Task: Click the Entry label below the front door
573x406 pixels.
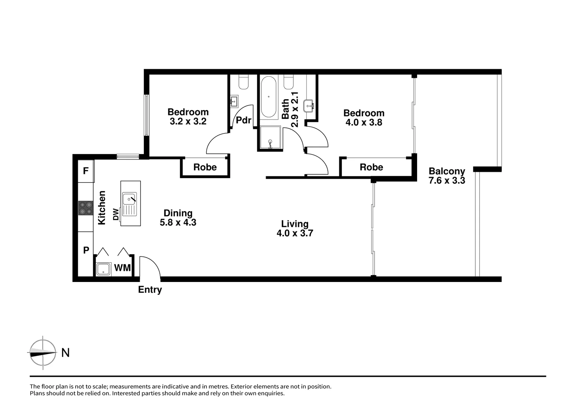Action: click(x=150, y=290)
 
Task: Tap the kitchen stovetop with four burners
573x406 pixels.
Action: click(x=85, y=208)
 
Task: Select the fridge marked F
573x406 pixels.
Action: click(x=86, y=171)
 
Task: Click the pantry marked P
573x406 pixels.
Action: click(x=86, y=250)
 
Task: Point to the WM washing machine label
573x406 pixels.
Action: click(x=122, y=268)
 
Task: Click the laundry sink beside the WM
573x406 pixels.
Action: click(x=103, y=269)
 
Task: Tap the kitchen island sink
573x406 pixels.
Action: click(x=129, y=198)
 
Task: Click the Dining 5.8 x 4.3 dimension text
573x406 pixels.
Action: click(x=178, y=223)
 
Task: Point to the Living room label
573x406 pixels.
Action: click(x=295, y=224)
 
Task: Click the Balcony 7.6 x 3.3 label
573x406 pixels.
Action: click(x=447, y=176)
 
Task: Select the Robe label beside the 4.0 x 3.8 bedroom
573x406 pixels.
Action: click(x=371, y=167)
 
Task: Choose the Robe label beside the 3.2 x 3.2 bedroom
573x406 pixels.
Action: click(x=205, y=167)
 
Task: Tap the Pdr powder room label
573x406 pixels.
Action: click(x=243, y=120)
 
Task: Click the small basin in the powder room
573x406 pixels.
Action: click(x=234, y=100)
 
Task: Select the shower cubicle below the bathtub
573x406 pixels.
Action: click(x=270, y=138)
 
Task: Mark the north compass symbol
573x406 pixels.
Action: click(x=43, y=353)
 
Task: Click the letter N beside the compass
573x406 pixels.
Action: click(x=65, y=353)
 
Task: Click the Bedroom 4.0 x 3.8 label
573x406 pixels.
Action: click(x=364, y=118)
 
